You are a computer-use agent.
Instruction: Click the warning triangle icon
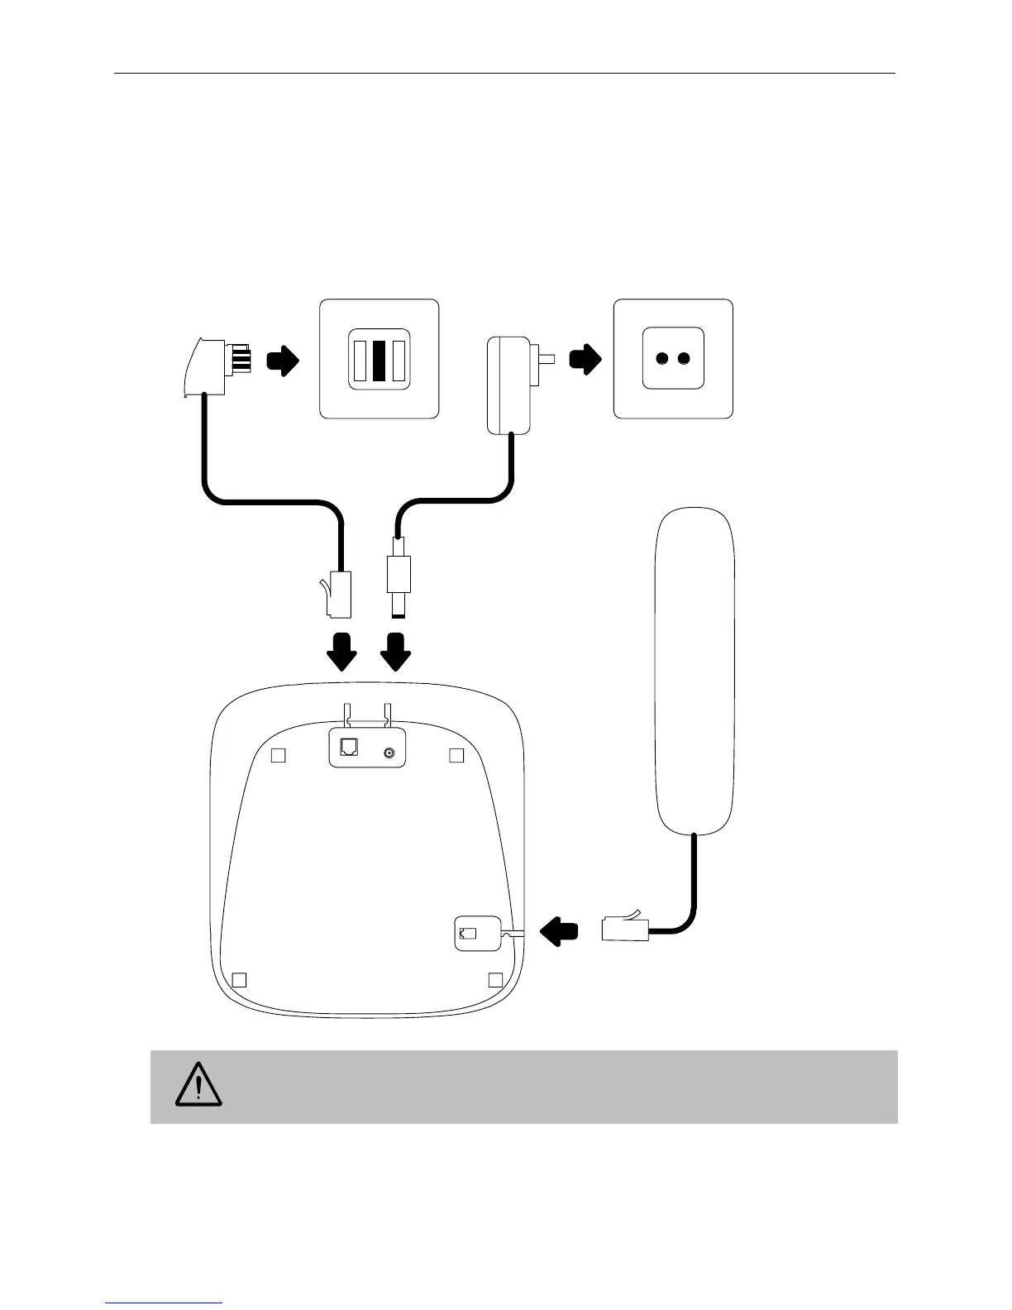pyautogui.click(x=198, y=1085)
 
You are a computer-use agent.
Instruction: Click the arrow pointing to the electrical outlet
pyautogui.click(x=586, y=359)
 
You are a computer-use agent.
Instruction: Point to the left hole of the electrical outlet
pyautogui.click(x=662, y=359)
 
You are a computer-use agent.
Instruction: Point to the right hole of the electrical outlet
pyautogui.click(x=684, y=359)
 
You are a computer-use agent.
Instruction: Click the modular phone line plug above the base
pyautogui.click(x=340, y=593)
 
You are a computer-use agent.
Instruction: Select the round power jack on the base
pyautogui.click(x=388, y=753)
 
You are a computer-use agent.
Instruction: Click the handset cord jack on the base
pyautogui.click(x=468, y=934)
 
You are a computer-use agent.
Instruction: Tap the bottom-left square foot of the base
pyautogui.click(x=239, y=980)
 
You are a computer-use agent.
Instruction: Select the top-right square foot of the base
pyautogui.click(x=456, y=755)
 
